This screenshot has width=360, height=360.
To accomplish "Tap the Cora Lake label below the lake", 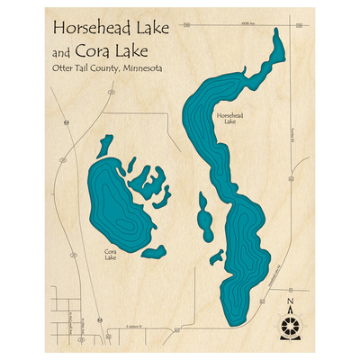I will [x=110, y=255].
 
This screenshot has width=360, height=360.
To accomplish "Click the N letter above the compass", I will [x=289, y=301].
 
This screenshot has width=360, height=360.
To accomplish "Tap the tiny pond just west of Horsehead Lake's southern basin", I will [x=216, y=257].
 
